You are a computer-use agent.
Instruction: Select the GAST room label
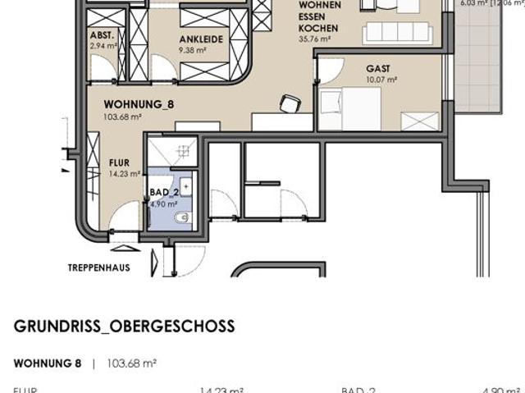click(378, 69)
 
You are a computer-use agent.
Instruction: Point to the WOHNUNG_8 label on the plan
click(139, 105)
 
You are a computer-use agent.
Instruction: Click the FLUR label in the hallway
click(119, 162)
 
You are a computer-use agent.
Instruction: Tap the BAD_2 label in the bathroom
click(163, 193)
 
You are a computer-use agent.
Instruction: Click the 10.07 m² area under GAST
click(381, 80)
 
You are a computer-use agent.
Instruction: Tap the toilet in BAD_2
click(184, 219)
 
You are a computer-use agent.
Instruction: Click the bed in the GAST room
click(349, 109)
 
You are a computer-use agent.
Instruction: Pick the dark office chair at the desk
click(289, 103)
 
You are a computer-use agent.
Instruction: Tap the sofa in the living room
click(397, 32)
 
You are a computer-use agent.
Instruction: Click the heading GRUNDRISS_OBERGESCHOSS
click(124, 327)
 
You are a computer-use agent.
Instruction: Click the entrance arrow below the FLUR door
click(122, 248)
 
